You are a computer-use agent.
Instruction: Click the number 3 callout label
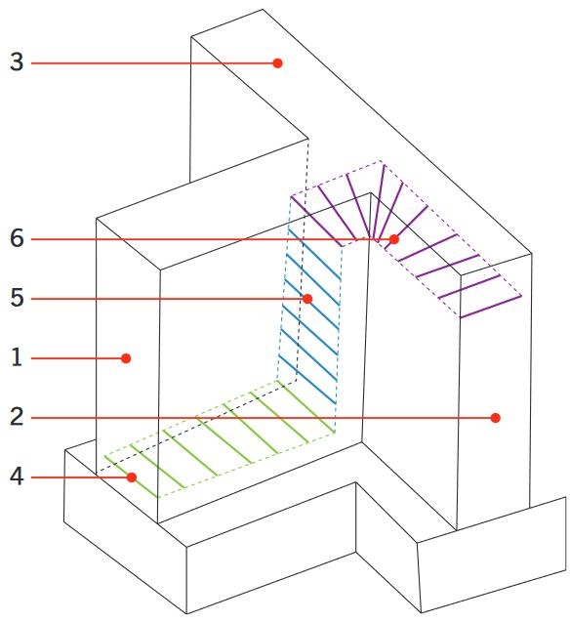[17, 62]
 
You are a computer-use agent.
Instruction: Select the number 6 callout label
[17, 239]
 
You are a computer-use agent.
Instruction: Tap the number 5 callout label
[17, 298]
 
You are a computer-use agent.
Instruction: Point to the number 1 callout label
[17, 357]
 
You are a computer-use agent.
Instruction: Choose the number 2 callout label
[17, 417]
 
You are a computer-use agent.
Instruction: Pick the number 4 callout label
[17, 477]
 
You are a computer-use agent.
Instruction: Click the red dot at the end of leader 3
[277, 63]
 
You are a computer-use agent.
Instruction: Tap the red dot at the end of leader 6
[393, 239]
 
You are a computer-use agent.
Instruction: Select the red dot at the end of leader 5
[307, 299]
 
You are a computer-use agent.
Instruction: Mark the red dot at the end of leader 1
[126, 358]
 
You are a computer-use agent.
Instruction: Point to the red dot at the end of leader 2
[495, 418]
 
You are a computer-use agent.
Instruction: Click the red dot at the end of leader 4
[132, 477]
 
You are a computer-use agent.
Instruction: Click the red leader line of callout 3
[152, 63]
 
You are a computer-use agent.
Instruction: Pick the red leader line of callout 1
[76, 358]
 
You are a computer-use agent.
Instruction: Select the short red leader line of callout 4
[79, 477]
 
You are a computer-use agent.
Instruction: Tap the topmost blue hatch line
[314, 254]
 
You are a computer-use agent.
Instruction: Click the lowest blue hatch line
[307, 380]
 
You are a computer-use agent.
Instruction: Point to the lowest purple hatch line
[490, 307]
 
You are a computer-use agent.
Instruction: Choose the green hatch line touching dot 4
[132, 477]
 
